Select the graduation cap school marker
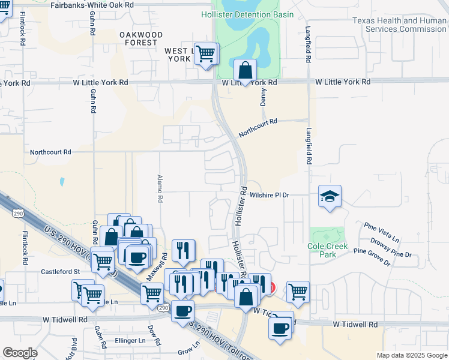click(330, 197)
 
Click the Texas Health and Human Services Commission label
click(399, 25)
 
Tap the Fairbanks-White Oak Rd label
click(91, 5)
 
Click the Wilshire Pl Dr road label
click(270, 195)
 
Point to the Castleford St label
click(60, 271)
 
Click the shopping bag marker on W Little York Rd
click(245, 71)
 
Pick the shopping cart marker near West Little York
click(206, 54)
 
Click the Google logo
click(20, 353)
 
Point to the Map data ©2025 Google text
click(411, 355)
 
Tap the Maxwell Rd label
click(158, 265)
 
